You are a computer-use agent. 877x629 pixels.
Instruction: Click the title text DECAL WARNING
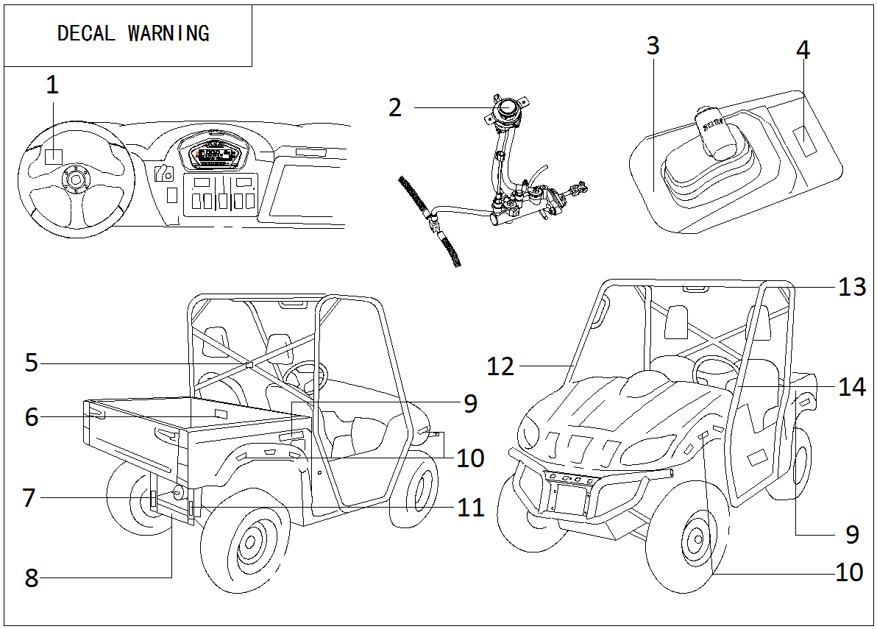(133, 34)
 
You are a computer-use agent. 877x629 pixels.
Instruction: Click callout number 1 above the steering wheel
(52, 86)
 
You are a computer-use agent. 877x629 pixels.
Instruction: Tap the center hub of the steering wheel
(74, 179)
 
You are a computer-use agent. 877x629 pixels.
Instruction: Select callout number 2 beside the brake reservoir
(395, 107)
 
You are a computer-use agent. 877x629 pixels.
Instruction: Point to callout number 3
(652, 46)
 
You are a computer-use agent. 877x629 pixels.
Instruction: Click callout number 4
(803, 51)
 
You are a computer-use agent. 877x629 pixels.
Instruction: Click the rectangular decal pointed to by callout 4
(806, 140)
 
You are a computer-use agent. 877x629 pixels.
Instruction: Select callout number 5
(31, 363)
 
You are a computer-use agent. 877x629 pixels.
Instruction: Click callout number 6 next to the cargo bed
(31, 417)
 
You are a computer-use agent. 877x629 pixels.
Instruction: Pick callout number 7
(29, 498)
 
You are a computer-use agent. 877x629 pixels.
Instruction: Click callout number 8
(31, 578)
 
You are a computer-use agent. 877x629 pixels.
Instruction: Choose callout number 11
(471, 507)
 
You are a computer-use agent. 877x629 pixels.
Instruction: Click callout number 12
(500, 366)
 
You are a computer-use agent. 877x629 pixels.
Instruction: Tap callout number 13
(852, 286)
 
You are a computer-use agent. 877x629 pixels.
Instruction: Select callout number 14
(852, 387)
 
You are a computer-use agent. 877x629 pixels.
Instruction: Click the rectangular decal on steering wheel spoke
(53, 157)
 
